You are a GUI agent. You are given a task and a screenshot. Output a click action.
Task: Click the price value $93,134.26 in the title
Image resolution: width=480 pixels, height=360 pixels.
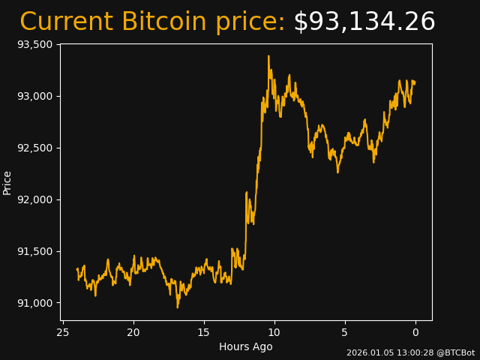364,22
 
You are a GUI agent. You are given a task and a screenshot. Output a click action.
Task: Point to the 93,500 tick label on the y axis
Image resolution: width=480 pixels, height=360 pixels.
34,44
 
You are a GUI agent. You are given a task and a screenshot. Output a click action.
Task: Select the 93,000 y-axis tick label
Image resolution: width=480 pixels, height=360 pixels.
34,96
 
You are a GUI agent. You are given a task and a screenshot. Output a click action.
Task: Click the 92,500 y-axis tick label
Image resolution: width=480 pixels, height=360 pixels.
34,148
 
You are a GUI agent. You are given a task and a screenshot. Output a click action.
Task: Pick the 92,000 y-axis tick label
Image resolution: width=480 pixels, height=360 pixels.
34,199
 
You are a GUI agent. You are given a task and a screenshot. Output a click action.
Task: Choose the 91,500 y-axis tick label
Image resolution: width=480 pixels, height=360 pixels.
34,251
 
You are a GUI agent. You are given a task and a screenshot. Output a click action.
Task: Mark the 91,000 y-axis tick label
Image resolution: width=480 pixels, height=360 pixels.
34,303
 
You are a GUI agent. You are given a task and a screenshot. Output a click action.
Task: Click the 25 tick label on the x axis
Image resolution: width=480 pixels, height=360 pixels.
63,332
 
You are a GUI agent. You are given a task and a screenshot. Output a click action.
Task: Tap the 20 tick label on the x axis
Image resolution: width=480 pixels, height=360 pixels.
133,332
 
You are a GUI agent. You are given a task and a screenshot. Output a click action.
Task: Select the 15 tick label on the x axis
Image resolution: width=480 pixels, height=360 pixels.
204,332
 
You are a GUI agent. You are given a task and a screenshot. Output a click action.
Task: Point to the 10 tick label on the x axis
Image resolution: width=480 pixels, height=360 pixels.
274,332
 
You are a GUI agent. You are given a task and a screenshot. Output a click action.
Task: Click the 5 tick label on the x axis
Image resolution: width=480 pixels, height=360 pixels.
345,332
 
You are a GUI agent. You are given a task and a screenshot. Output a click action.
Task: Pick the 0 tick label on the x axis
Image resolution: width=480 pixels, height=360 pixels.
415,332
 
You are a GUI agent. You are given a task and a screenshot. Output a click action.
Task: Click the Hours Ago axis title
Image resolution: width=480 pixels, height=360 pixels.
246,346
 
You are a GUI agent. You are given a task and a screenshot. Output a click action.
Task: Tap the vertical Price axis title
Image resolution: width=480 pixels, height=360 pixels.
7,182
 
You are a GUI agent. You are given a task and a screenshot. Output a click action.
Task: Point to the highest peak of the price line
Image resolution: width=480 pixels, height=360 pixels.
268,56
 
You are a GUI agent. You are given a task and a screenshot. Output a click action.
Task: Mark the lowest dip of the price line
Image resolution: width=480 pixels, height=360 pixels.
178,307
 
